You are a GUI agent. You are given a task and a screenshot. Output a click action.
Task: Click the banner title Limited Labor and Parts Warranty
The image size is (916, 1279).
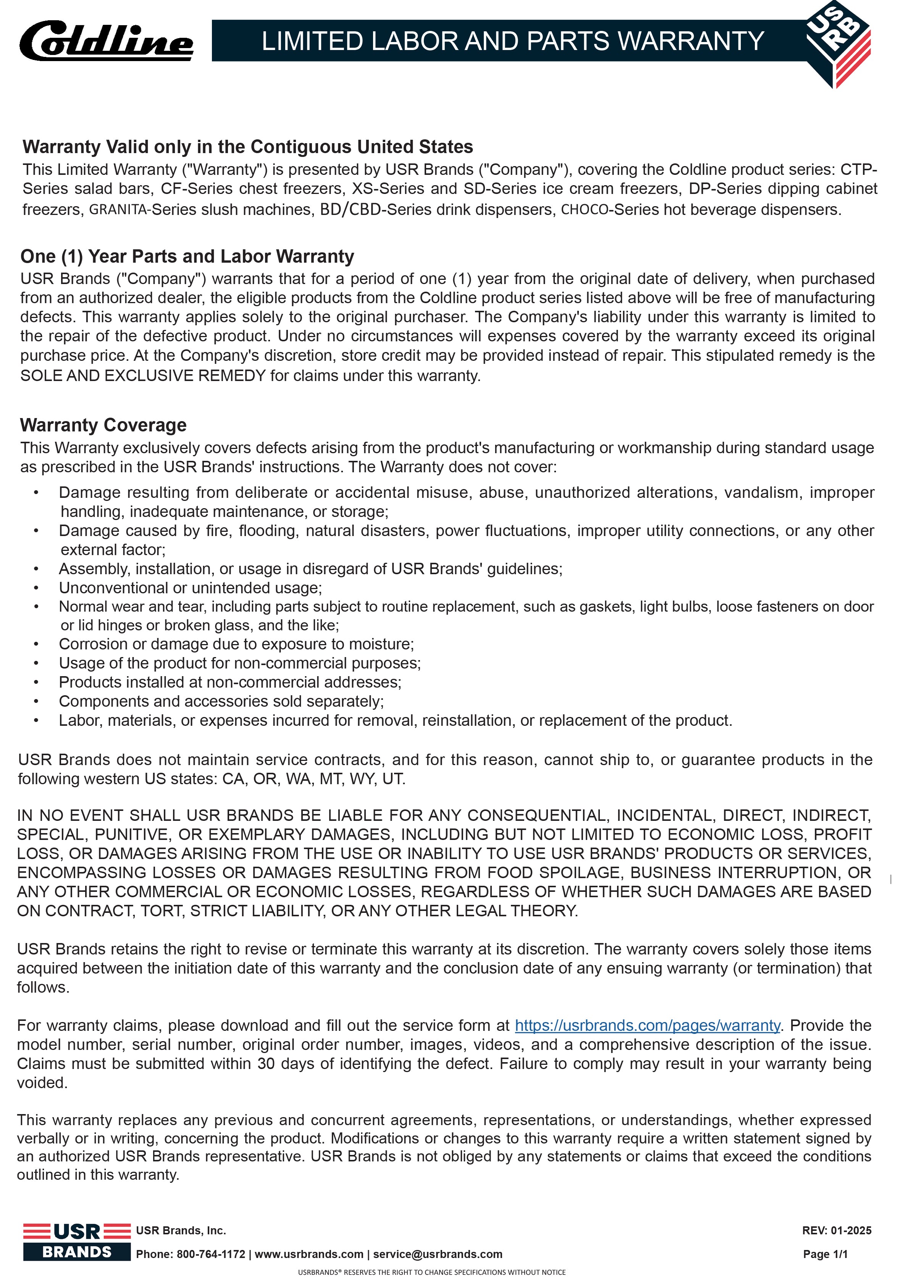(512, 41)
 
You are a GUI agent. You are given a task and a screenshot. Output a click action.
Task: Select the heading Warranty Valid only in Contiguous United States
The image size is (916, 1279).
(247, 147)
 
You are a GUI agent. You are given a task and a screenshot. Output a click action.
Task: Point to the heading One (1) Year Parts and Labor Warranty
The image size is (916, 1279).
(187, 257)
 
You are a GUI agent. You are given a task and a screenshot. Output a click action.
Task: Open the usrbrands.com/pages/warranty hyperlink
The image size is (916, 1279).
(648, 1025)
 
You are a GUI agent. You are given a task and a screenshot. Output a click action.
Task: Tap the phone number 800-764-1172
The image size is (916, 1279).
(211, 1254)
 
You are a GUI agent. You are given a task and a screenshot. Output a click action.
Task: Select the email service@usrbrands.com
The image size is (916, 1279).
(438, 1254)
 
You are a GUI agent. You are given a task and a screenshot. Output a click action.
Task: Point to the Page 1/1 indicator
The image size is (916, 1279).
(825, 1254)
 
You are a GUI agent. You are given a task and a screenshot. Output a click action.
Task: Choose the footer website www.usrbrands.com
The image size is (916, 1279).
(309, 1254)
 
